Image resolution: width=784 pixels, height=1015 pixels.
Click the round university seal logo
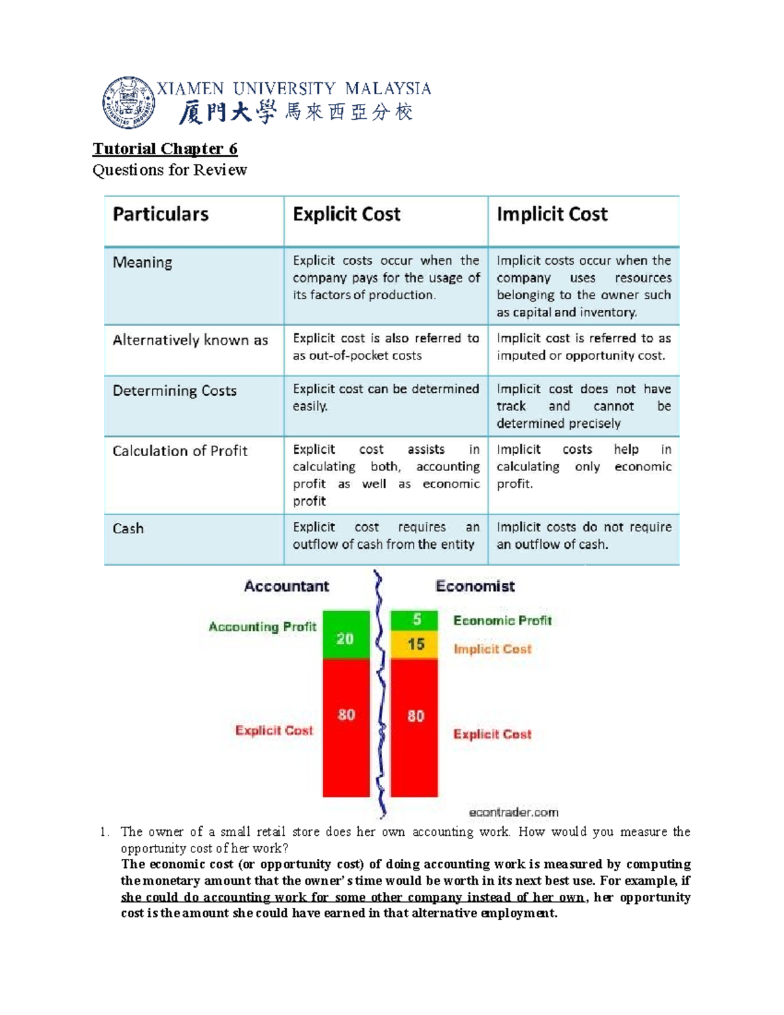click(x=129, y=103)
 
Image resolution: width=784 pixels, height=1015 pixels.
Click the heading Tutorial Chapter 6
click(x=165, y=149)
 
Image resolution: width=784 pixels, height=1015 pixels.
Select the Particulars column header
click(x=161, y=214)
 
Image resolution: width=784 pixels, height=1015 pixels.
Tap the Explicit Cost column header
click(x=346, y=214)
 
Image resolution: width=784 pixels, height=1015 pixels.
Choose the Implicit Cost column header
click(x=552, y=214)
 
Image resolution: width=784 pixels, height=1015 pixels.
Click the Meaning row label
click(x=142, y=263)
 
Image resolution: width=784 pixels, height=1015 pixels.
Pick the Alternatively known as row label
click(x=190, y=341)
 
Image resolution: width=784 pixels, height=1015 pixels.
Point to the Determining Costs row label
click(x=174, y=391)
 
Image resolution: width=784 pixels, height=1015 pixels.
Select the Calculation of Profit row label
click(x=180, y=451)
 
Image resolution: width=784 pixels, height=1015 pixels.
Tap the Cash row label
click(x=128, y=529)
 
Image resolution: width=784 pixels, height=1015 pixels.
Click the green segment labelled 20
click(x=346, y=635)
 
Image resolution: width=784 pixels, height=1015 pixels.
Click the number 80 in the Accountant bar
click(x=346, y=715)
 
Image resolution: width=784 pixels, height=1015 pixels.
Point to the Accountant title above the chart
click(x=286, y=586)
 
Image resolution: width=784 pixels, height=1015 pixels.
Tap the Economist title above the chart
click(x=475, y=586)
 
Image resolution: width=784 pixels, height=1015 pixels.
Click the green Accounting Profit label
click(x=263, y=627)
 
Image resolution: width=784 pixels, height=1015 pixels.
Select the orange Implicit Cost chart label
click(x=492, y=649)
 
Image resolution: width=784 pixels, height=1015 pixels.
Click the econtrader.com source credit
click(x=514, y=812)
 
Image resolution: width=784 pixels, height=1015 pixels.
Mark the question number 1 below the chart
click(x=103, y=832)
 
